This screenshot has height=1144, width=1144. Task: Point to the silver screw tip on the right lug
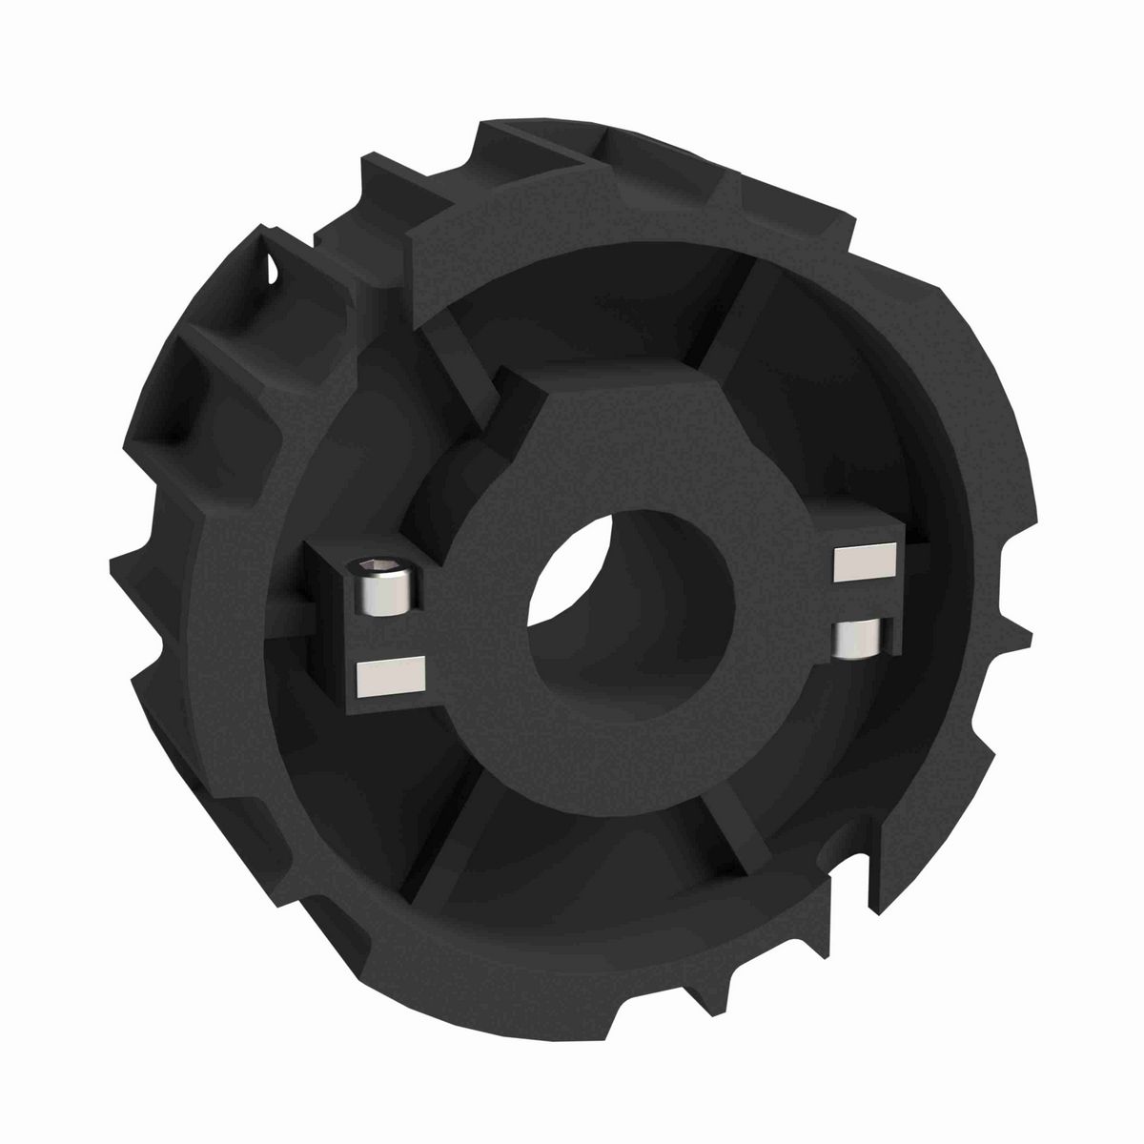click(858, 637)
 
